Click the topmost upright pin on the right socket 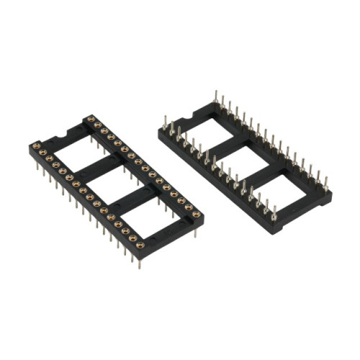pos(215,96)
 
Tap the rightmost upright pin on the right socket pos(326,180)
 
